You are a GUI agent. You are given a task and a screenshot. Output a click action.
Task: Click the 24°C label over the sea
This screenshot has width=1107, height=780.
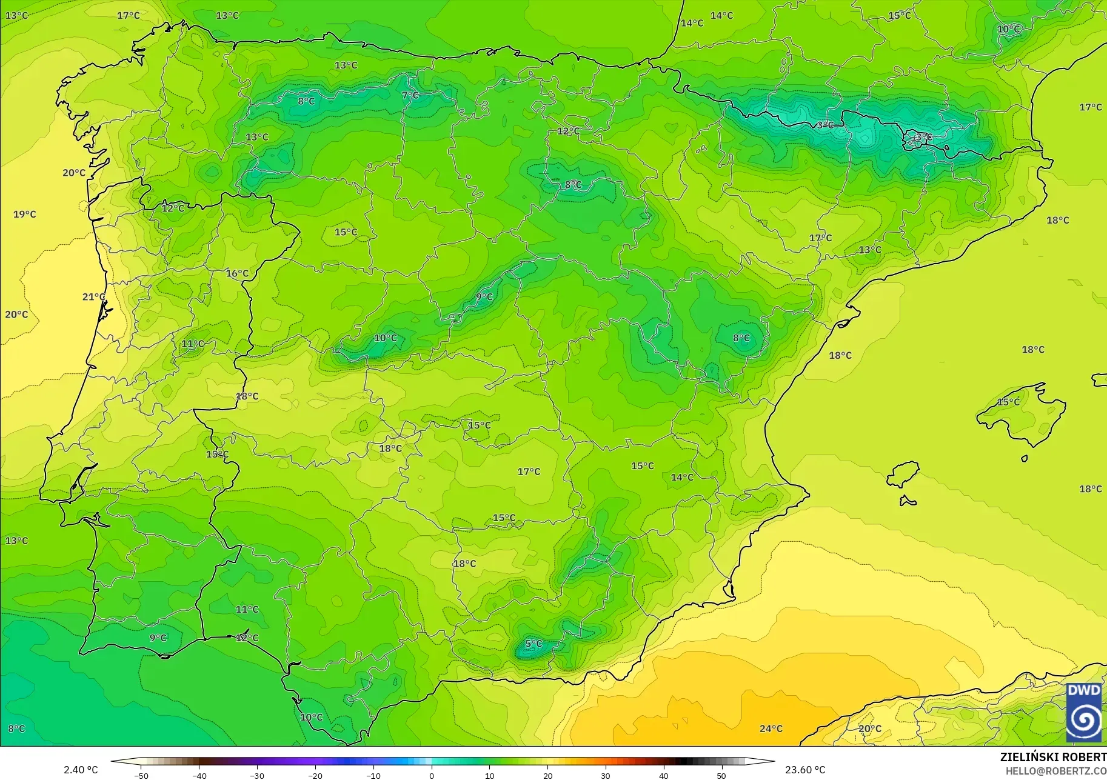tap(771, 728)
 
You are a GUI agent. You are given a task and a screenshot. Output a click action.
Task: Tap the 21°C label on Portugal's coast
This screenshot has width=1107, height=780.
tap(93, 296)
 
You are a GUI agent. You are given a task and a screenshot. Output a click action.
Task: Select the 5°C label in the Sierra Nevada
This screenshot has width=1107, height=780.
tap(533, 644)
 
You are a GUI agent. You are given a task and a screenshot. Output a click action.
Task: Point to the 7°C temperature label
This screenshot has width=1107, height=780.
tap(410, 95)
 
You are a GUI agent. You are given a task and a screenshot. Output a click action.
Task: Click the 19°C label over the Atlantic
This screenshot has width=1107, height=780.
tap(25, 214)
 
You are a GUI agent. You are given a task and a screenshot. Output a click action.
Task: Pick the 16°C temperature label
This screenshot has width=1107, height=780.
tap(237, 273)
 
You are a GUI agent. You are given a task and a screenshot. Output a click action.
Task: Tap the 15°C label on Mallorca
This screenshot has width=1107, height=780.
tap(1008, 402)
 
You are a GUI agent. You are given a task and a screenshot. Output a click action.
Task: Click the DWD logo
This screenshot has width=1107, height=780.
tap(1085, 713)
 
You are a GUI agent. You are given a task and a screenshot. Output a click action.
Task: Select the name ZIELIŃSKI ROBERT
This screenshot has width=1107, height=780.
tap(1053, 758)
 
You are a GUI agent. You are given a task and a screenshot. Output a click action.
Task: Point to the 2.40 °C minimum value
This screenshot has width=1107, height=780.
tap(81, 770)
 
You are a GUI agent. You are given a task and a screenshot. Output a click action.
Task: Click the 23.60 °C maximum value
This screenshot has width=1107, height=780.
tap(805, 770)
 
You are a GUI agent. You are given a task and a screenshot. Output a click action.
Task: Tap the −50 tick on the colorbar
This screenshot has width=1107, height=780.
tap(141, 776)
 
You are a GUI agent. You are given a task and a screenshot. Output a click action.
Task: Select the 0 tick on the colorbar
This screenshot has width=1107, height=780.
tap(432, 776)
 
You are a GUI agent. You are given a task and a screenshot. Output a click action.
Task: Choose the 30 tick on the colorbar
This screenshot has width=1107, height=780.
tap(606, 776)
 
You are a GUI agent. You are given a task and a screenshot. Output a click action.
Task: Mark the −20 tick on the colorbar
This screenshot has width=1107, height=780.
tap(315, 776)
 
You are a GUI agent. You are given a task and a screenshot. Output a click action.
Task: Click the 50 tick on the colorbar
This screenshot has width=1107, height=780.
tap(721, 776)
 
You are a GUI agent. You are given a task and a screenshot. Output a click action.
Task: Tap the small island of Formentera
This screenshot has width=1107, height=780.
tap(908, 501)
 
